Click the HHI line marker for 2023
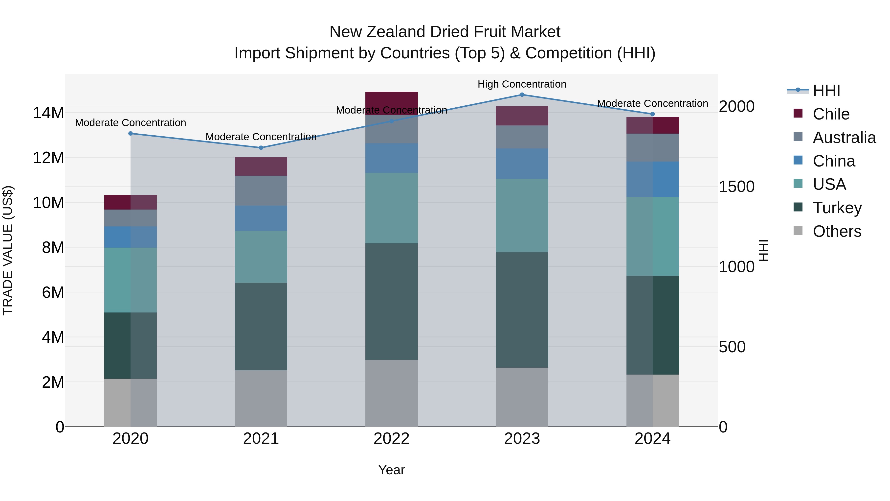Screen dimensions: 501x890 coord(522,95)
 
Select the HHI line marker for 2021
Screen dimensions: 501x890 coord(261,148)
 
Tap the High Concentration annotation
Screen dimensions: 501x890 coord(522,84)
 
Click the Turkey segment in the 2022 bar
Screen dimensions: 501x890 coord(391,302)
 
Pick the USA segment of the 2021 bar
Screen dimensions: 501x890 coord(261,257)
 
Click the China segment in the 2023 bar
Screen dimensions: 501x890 coord(522,164)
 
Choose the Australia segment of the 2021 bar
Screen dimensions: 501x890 coord(261,191)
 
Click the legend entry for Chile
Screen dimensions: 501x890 coord(831,114)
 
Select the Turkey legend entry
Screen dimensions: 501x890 coord(837,208)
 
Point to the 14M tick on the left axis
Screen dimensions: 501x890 coord(48,113)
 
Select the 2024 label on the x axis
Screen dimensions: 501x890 coord(652,439)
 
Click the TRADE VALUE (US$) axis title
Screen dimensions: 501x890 coord(8,250)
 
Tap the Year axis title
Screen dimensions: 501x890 coord(391,470)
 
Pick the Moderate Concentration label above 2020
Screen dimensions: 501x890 coord(130,123)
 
